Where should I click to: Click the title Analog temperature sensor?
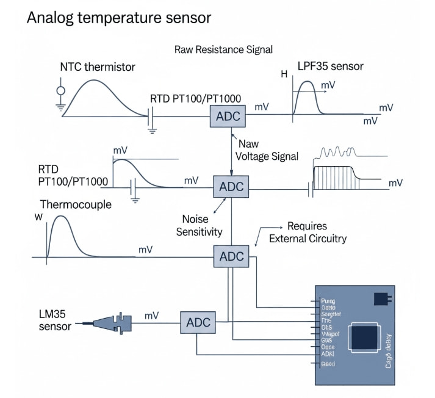click(119, 18)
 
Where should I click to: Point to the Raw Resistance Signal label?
click(223, 49)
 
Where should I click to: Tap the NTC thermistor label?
click(98, 67)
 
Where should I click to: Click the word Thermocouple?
click(76, 204)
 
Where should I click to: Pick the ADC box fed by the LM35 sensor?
click(198, 322)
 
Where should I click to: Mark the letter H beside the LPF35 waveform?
click(284, 75)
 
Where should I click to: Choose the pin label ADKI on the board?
click(330, 353)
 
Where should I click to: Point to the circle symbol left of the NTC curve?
click(60, 91)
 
